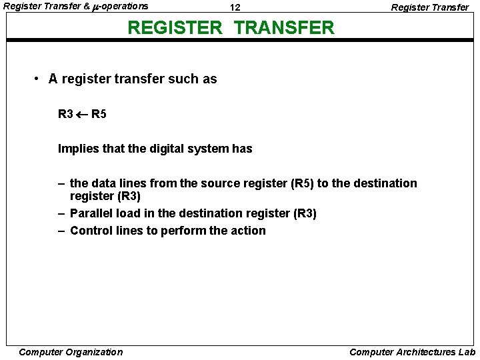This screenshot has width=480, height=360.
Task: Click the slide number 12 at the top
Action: (x=235, y=7)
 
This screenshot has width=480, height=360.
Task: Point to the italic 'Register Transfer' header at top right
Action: (x=429, y=7)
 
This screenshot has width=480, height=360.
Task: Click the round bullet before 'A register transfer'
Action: (x=37, y=79)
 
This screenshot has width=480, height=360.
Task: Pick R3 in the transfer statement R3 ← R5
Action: (x=65, y=114)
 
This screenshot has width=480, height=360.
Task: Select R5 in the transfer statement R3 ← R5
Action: (x=99, y=114)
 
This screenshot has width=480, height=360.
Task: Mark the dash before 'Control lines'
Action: (x=61, y=231)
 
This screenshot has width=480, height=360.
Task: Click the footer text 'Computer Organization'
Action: (x=71, y=352)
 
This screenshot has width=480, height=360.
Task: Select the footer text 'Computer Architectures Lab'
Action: (x=412, y=352)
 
